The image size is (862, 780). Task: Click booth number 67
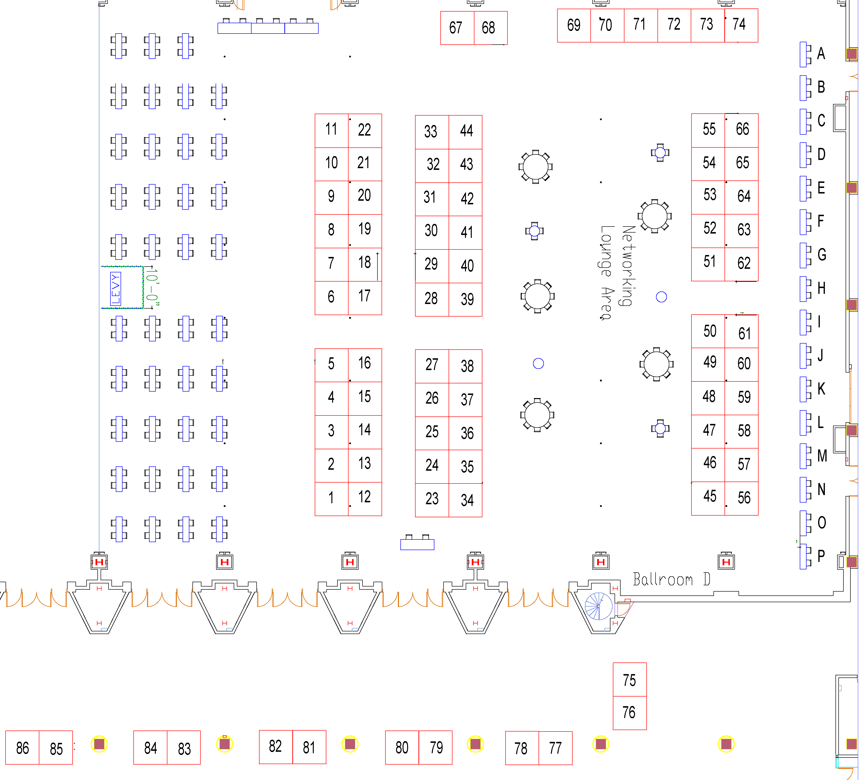tap(457, 28)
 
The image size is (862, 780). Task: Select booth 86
tap(22, 747)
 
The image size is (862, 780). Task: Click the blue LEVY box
tap(116, 289)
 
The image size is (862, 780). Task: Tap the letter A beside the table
tap(821, 54)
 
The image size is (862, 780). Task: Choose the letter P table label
tap(821, 556)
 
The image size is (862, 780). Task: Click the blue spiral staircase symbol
tap(599, 606)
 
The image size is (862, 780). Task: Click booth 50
tap(708, 331)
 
